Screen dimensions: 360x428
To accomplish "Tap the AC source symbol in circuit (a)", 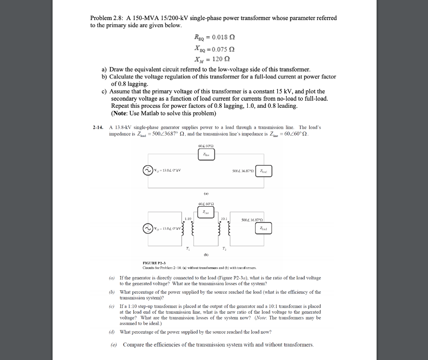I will [x=148, y=170].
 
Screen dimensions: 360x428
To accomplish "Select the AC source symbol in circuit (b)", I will [x=148, y=229].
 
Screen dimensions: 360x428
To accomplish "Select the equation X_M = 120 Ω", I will [x=214, y=58].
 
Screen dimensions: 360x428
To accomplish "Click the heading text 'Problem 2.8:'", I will [x=104, y=18].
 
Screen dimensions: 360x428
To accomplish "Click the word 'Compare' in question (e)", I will [x=133, y=345].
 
